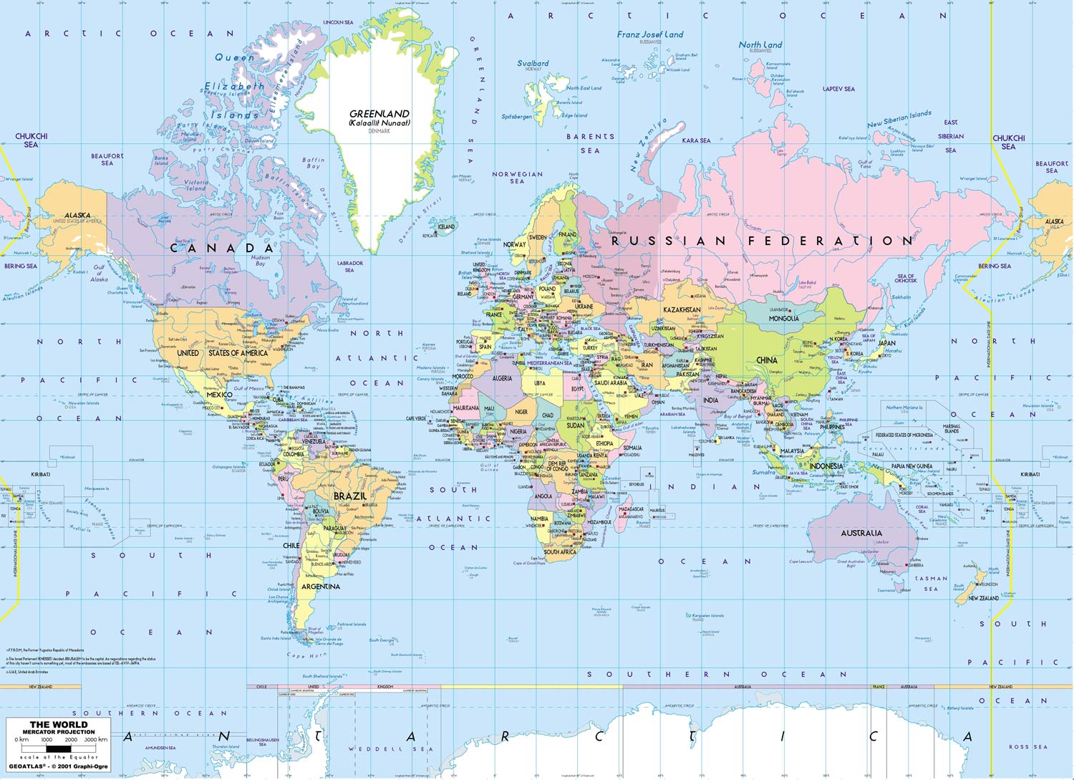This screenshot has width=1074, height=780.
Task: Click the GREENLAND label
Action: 379,114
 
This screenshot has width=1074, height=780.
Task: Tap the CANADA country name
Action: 222,248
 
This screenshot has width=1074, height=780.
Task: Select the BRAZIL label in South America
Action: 350,496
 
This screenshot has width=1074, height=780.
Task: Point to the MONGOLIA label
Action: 783,318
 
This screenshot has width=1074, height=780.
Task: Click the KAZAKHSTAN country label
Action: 682,310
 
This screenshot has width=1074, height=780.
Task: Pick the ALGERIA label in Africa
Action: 502,378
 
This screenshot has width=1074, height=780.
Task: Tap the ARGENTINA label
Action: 321,587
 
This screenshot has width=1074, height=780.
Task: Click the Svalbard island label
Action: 533,63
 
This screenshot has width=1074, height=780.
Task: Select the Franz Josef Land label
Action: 650,34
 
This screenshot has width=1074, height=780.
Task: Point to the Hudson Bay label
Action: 261,260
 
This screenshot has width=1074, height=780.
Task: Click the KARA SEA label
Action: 696,140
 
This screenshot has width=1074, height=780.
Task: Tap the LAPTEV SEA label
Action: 838,90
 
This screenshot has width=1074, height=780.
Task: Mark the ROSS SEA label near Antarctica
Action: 1027,747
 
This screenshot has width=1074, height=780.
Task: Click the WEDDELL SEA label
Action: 391,749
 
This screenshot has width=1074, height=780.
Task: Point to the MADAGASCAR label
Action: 631,509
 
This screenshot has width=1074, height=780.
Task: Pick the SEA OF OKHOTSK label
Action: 906,278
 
